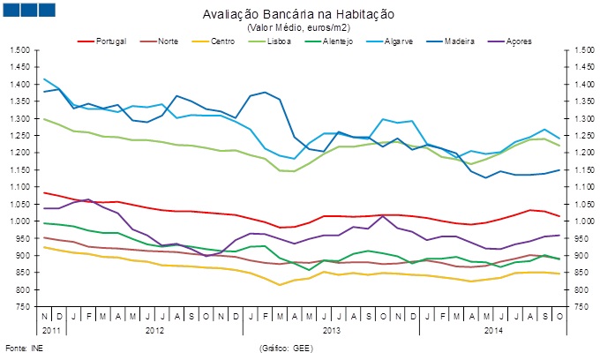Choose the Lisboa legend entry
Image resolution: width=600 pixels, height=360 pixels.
pos(281,41)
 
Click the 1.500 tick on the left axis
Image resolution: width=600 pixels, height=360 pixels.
pos(19,50)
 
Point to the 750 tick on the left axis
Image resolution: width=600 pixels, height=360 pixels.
pos(22,307)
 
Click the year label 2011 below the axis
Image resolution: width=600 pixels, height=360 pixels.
pos(50,329)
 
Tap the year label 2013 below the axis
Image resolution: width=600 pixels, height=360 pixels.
pos(332,329)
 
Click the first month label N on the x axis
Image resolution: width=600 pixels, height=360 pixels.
pos(44,315)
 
